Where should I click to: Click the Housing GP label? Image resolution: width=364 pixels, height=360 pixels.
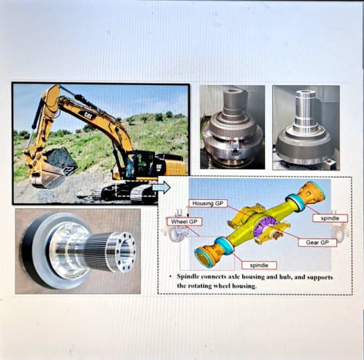point(210,204)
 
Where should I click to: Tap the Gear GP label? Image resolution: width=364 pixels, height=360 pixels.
point(317,242)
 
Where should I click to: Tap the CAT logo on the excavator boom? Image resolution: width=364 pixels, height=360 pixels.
point(87,115)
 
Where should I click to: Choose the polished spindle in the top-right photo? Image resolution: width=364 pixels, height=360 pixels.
point(305,127)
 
